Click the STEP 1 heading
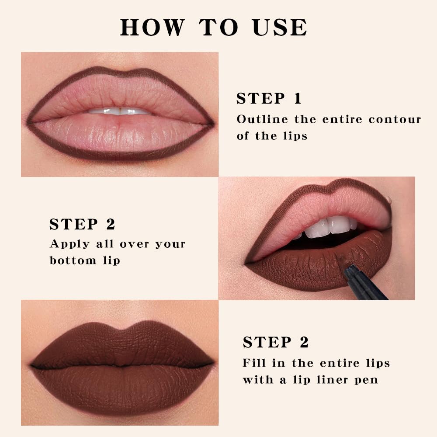pyautogui.click(x=269, y=99)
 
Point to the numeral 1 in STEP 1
pyautogui.click(x=297, y=99)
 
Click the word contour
pyautogui.click(x=395, y=119)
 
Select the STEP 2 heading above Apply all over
pyautogui.click(x=82, y=224)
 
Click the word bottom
pyautogui.click(x=73, y=260)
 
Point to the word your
pyautogui.click(x=170, y=244)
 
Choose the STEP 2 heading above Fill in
pyautogui.click(x=276, y=342)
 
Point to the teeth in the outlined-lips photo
pyautogui.click(x=119, y=111)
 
